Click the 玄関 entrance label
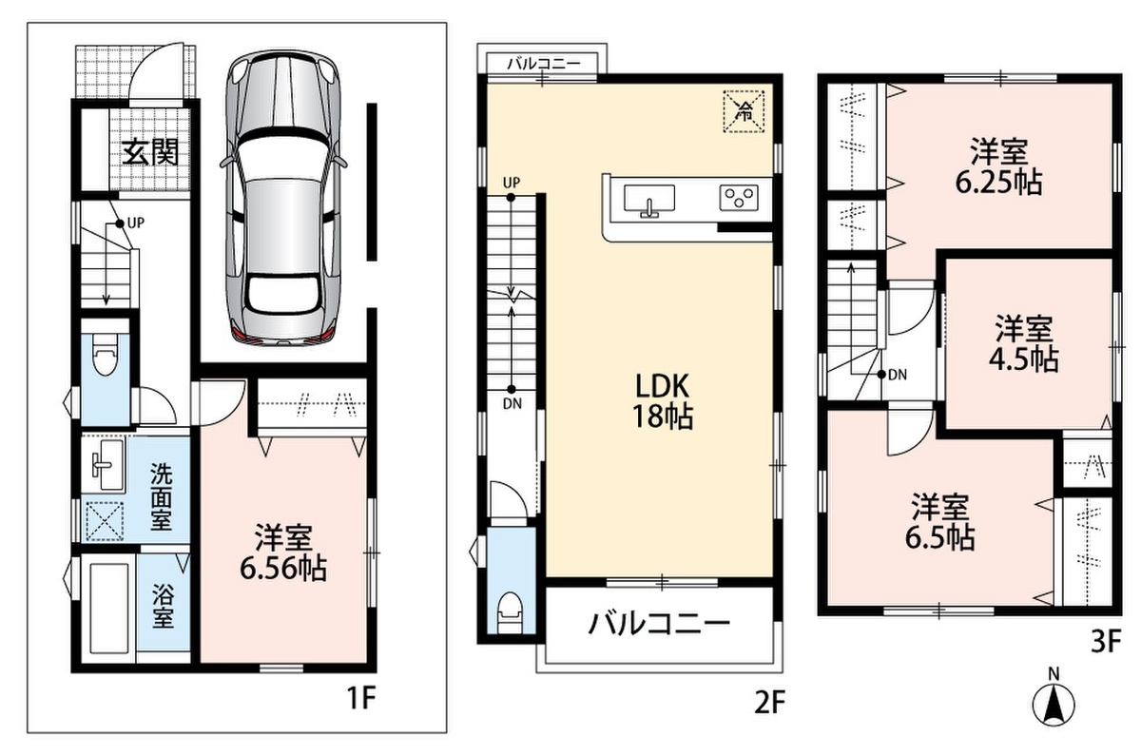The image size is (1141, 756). point(150,152)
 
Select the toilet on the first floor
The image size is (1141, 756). point(105,353)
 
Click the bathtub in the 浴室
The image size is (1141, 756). point(108,608)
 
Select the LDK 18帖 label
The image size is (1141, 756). point(662,401)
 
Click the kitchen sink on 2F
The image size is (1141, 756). point(648,201)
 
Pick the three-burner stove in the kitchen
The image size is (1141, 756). point(739,198)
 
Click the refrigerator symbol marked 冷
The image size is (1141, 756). point(745,111)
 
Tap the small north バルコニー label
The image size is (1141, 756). point(544,65)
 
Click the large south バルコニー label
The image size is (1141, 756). point(659,624)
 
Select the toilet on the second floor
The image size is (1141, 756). point(512,611)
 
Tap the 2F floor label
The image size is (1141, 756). point(769,703)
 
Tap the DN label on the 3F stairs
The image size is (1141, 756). point(898,375)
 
